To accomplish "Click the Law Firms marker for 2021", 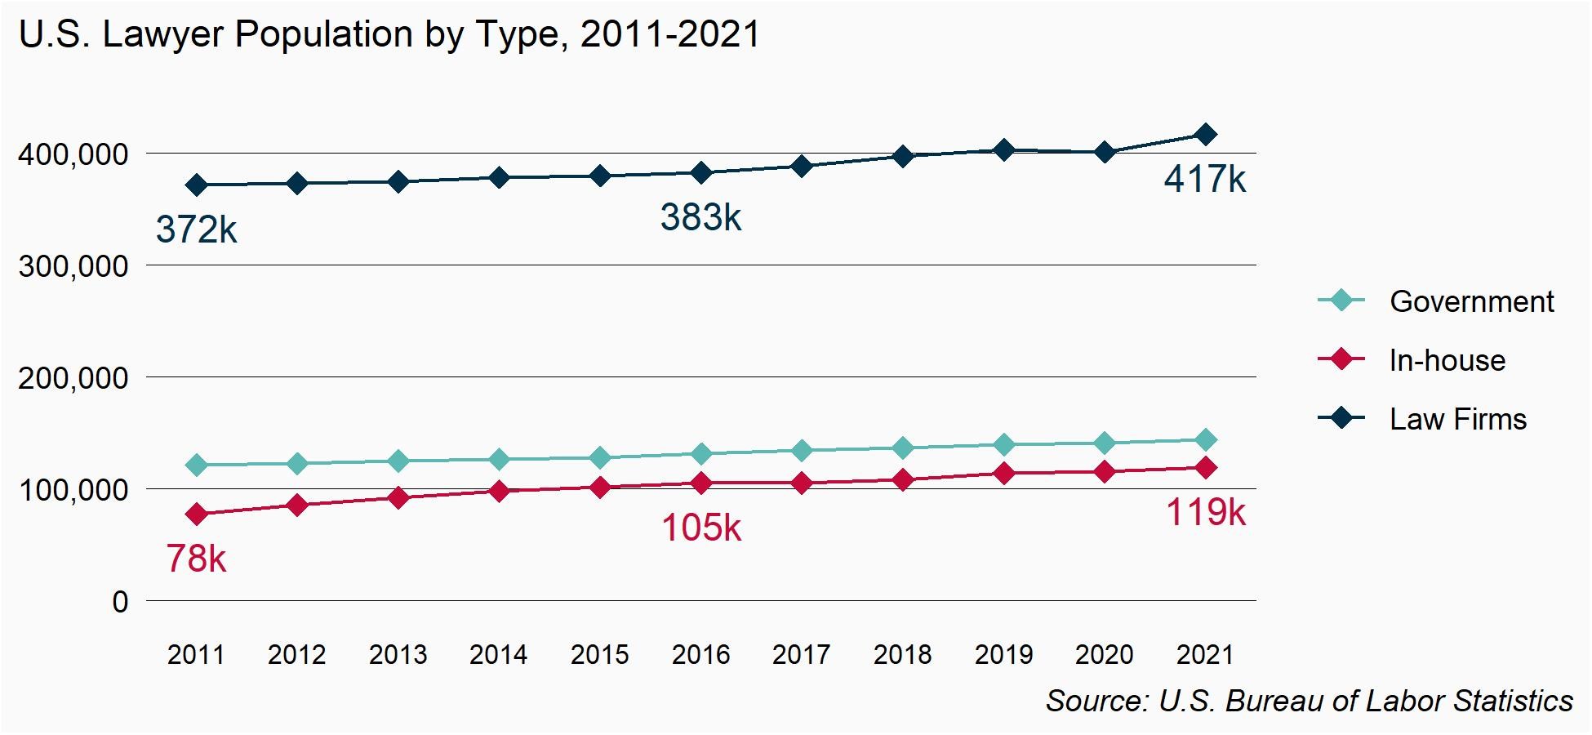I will pyautogui.click(x=1205, y=135).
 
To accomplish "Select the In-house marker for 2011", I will pyautogui.click(x=196, y=514).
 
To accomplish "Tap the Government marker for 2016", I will pyautogui.click(x=700, y=454).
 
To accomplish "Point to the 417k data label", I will pyautogui.click(x=1205, y=179).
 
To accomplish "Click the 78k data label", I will pyautogui.click(x=196, y=559).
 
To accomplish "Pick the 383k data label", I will pyautogui.click(x=700, y=217).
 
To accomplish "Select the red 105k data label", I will pyautogui.click(x=700, y=528).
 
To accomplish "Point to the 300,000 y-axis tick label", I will pyautogui.click(x=73, y=266).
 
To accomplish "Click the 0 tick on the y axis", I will pyautogui.click(x=120, y=602).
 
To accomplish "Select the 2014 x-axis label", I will pyautogui.click(x=499, y=654).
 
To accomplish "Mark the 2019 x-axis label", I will pyautogui.click(x=1003, y=654).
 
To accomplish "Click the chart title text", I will pyautogui.click(x=389, y=34).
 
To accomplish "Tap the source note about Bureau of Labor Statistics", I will pyautogui.click(x=1309, y=701).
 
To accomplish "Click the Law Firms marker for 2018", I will pyautogui.click(x=902, y=156).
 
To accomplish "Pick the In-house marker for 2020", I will pyautogui.click(x=1105, y=471).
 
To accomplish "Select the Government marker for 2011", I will pyautogui.click(x=196, y=465).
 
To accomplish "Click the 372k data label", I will pyautogui.click(x=196, y=229).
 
